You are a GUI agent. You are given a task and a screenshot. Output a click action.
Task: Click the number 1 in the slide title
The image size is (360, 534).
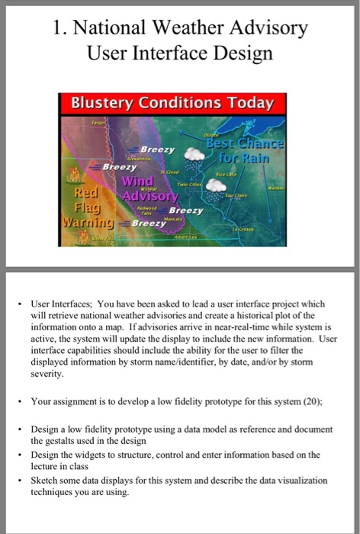tap(59, 29)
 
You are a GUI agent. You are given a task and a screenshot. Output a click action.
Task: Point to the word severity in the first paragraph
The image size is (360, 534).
tap(47, 375)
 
